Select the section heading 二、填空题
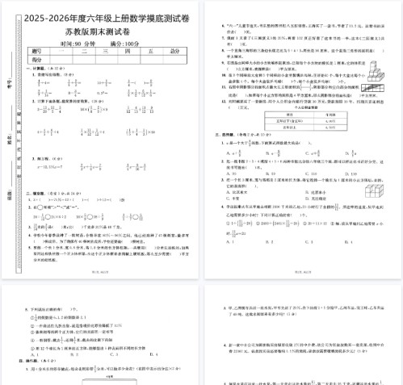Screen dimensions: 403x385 (41, 194)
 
